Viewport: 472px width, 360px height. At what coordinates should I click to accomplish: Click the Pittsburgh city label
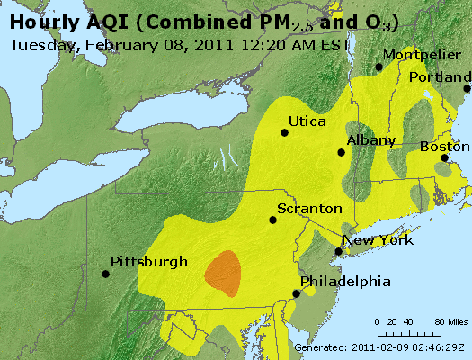point(148,262)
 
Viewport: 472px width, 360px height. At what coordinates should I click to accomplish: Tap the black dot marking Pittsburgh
point(104,275)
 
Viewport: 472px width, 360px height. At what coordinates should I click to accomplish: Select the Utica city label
point(307,121)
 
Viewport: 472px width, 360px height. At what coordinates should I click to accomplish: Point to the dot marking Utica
point(285,132)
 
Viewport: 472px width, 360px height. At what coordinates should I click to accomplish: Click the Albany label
point(370,140)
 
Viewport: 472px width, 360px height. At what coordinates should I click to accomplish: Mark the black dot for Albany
point(341,152)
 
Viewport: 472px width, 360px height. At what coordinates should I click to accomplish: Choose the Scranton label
point(309,208)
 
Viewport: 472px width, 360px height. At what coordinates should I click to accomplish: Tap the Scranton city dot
point(273,220)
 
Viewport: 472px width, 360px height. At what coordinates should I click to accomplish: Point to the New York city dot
point(336,252)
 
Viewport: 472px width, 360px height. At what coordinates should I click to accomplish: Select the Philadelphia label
point(346,281)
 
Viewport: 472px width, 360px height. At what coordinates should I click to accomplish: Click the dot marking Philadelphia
point(296,293)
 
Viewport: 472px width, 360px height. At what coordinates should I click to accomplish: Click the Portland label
point(440,76)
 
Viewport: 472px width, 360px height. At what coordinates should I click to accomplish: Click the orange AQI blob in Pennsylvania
point(223,274)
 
